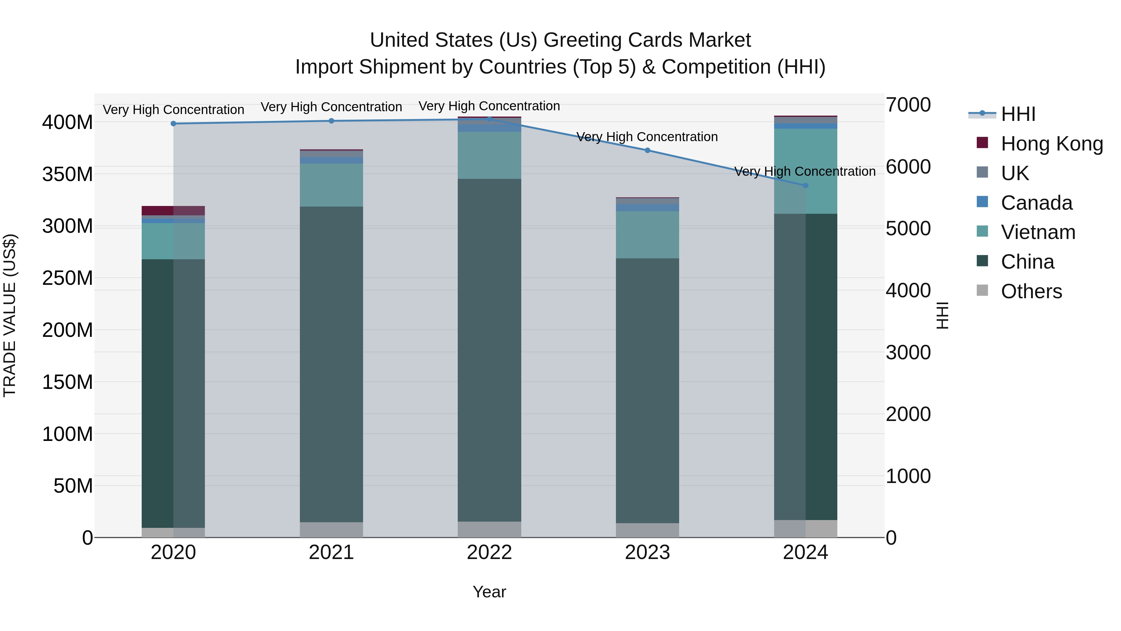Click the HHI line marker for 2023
pos(647,150)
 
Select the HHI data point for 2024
pos(805,185)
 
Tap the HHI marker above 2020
pos(173,124)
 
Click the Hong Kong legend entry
pos(1051,144)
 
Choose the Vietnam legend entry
pos(1038,232)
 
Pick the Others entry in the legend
pos(1031,291)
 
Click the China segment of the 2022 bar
pos(489,348)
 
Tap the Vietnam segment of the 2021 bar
pos(331,185)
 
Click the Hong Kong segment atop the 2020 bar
pos(173,210)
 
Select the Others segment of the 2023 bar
pos(647,530)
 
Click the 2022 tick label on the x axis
pos(489,552)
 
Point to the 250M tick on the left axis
pos(68,278)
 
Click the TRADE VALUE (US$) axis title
pos(10,315)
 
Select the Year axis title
pos(489,592)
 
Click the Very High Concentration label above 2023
pos(647,137)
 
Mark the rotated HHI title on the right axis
pos(942,315)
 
